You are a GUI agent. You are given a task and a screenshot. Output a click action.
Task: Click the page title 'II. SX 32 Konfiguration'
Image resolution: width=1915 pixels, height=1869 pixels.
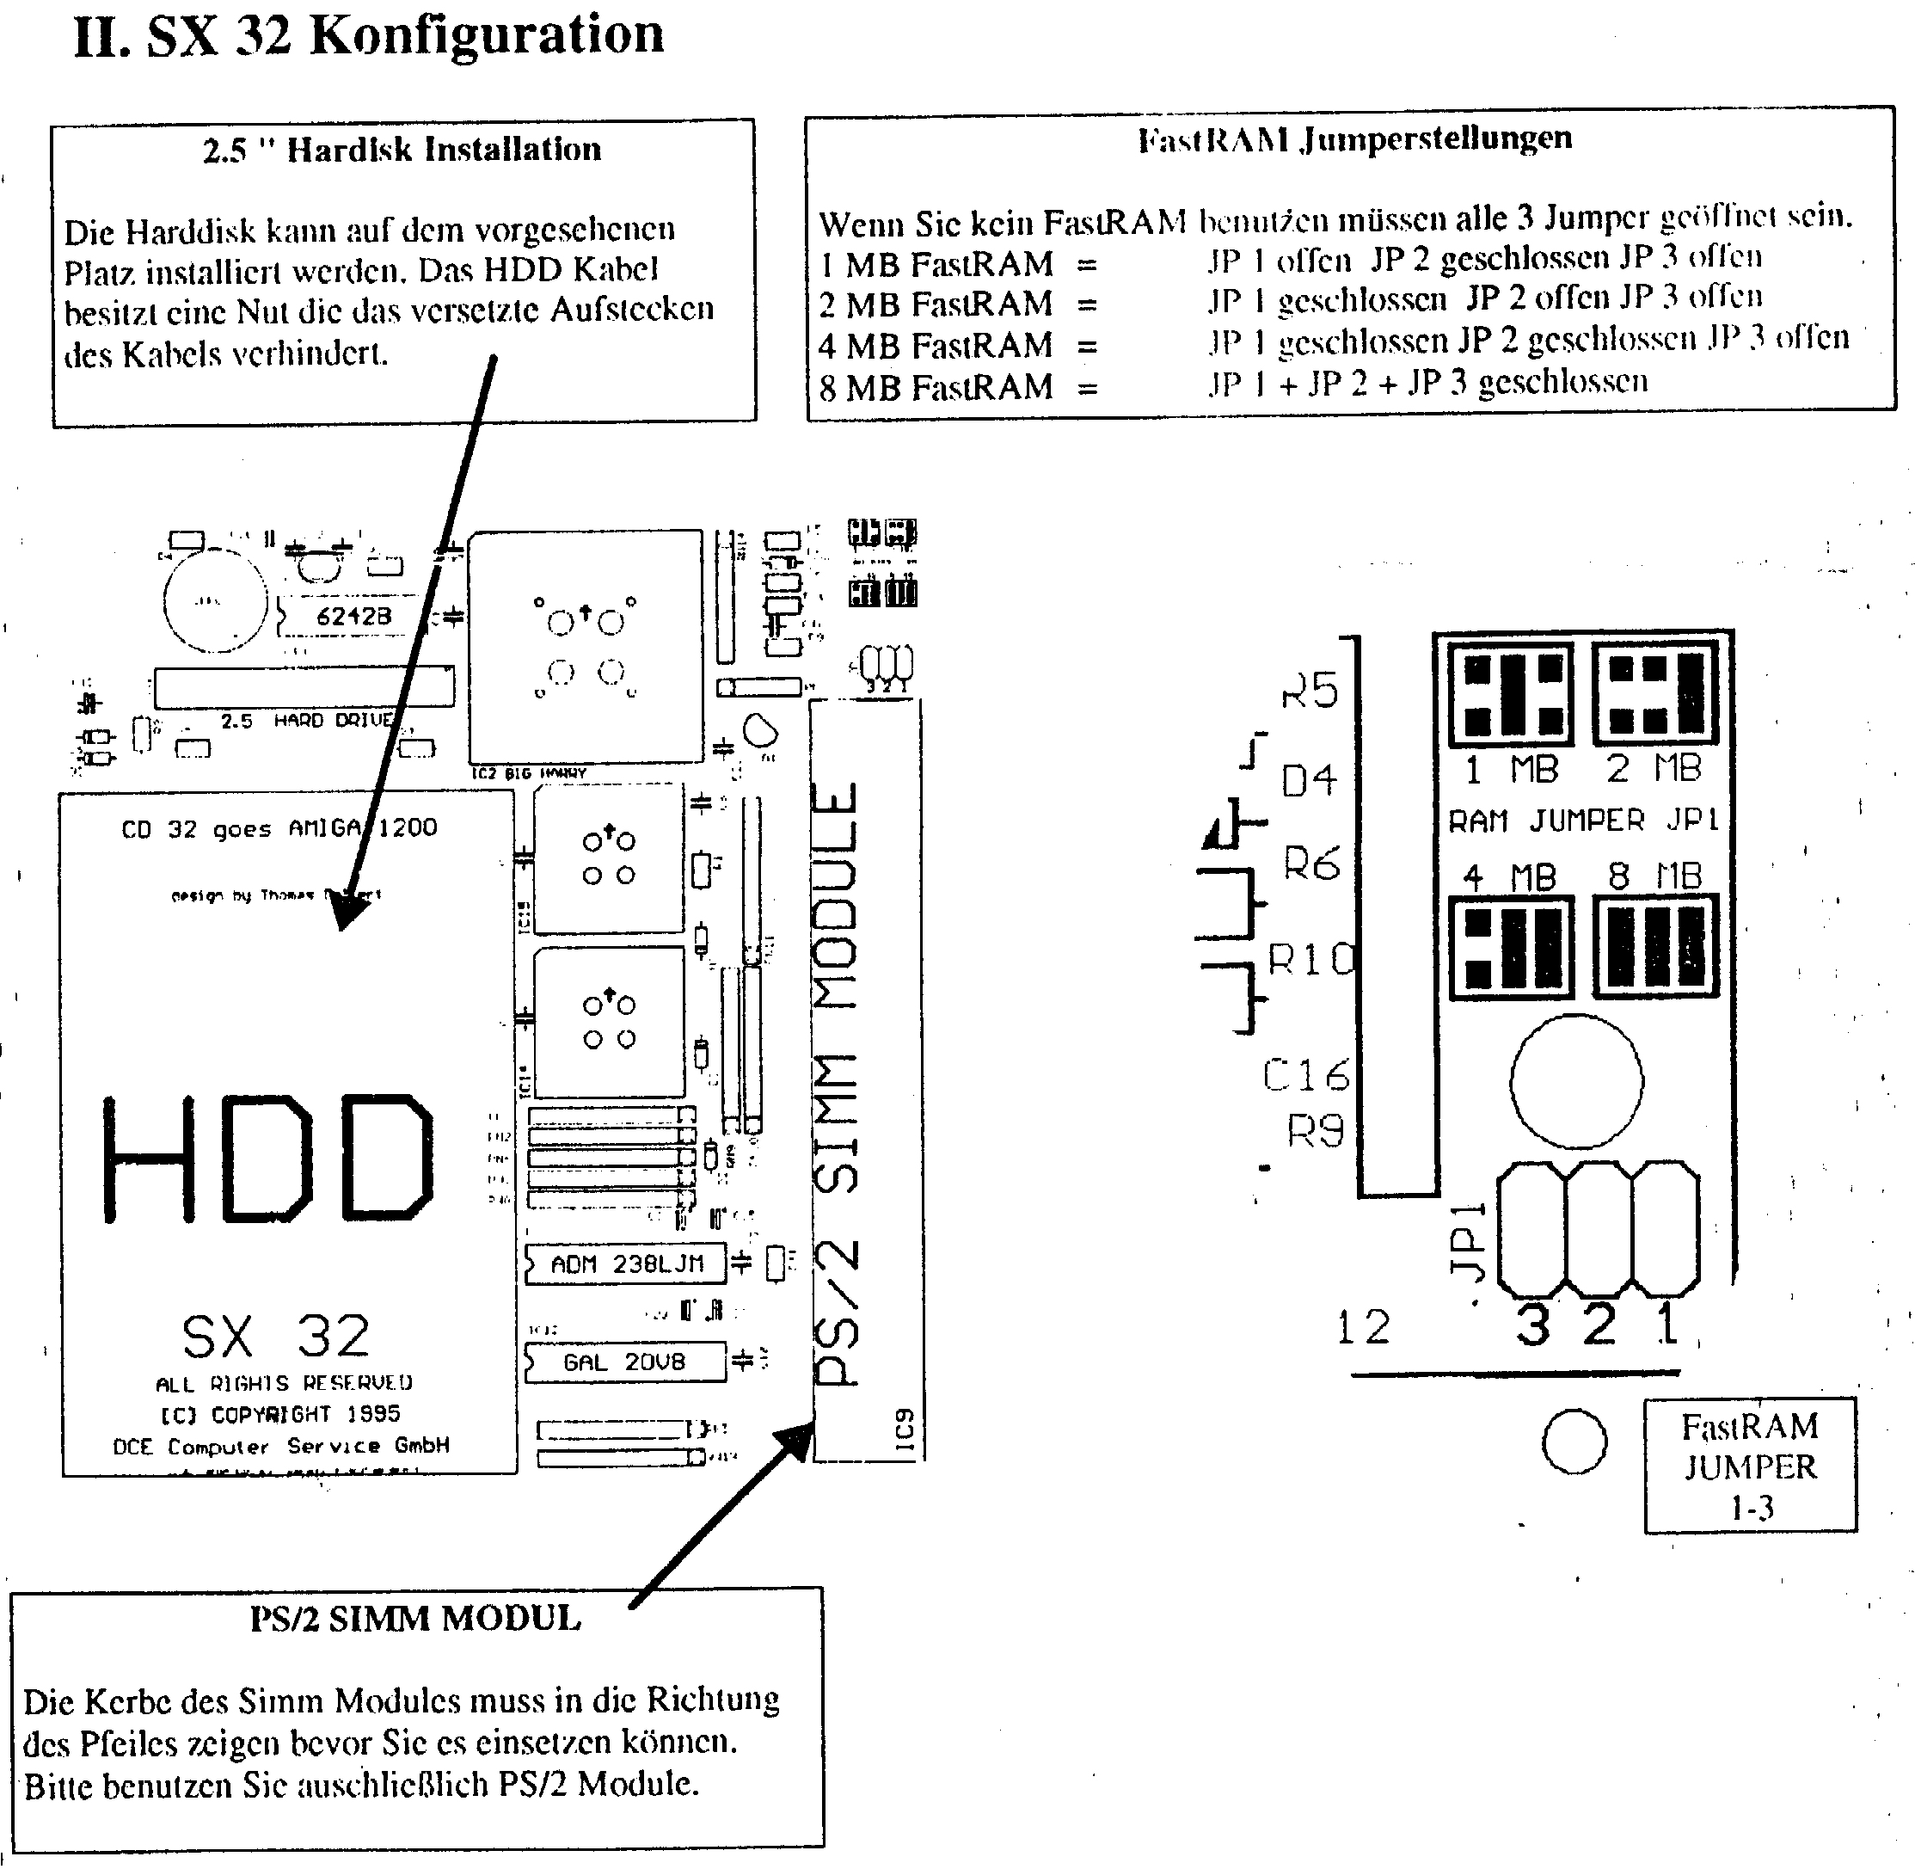pos(368,35)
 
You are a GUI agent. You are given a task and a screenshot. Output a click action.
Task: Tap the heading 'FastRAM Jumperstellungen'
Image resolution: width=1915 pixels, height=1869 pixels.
pos(1354,139)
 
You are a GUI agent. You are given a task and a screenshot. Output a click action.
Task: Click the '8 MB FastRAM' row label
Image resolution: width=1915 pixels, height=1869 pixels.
pos(936,388)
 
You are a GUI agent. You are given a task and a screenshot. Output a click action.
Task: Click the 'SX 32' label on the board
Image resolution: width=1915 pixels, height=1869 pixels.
pos(276,1336)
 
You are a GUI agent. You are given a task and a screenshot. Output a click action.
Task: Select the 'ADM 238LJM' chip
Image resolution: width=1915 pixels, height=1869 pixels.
pos(625,1264)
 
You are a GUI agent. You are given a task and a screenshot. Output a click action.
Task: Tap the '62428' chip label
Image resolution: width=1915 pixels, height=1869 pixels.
pos(353,617)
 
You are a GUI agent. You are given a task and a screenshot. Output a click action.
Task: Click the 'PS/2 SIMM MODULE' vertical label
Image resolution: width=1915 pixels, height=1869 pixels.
pos(838,1079)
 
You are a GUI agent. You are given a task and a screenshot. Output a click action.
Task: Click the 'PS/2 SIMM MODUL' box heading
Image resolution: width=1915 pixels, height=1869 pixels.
pos(415,1619)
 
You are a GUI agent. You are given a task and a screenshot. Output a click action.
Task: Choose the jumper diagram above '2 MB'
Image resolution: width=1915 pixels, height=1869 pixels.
pos(1655,693)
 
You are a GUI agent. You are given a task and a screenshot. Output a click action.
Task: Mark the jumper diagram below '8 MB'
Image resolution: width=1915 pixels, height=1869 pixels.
pos(1655,946)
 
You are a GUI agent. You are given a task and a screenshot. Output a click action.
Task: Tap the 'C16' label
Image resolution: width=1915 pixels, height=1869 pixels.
pos(1305,1076)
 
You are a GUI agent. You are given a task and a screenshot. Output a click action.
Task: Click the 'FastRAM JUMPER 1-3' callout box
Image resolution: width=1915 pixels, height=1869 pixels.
pos(1750,1466)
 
